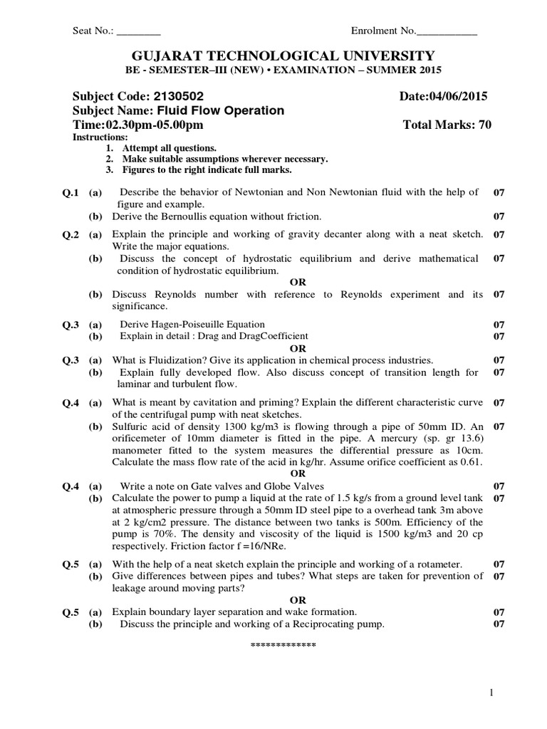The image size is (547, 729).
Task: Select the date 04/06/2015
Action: point(456,96)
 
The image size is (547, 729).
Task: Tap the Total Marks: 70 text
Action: point(447,125)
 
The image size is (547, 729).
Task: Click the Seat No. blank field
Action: point(139,31)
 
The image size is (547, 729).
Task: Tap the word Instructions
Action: point(100,137)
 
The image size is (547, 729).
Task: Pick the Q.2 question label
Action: point(70,234)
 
